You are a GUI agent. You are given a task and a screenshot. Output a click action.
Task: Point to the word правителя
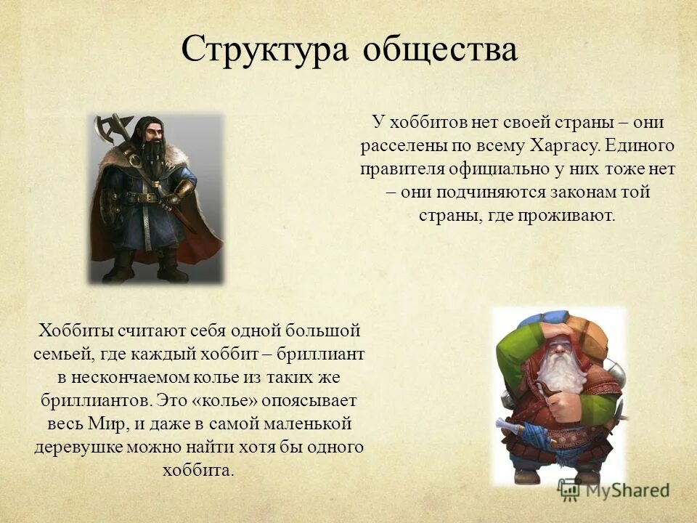pos(406,169)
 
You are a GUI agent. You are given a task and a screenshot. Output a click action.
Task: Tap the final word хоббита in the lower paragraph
pos(199,470)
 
